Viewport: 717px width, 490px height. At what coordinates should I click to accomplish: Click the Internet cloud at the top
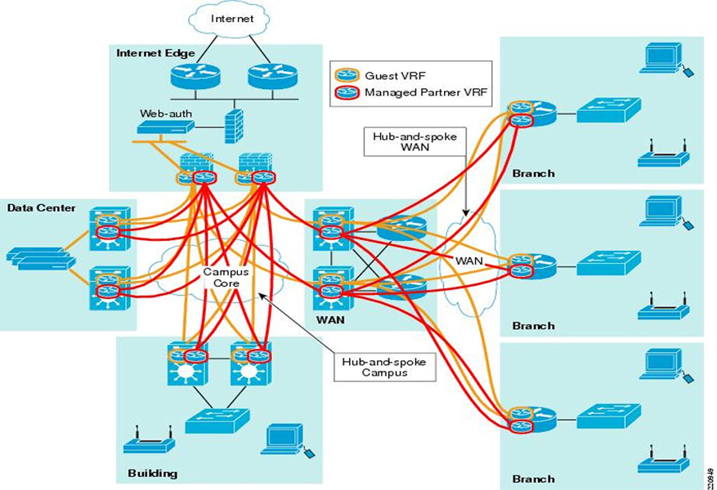[x=232, y=19]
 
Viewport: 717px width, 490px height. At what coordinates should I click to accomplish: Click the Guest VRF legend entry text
[x=392, y=74]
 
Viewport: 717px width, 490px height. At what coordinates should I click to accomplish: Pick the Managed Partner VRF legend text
[x=425, y=92]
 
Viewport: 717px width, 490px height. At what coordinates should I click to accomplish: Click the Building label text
[x=153, y=473]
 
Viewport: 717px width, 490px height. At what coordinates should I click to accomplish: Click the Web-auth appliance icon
[x=166, y=127]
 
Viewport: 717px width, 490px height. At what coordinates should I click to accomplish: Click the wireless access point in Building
[x=149, y=442]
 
